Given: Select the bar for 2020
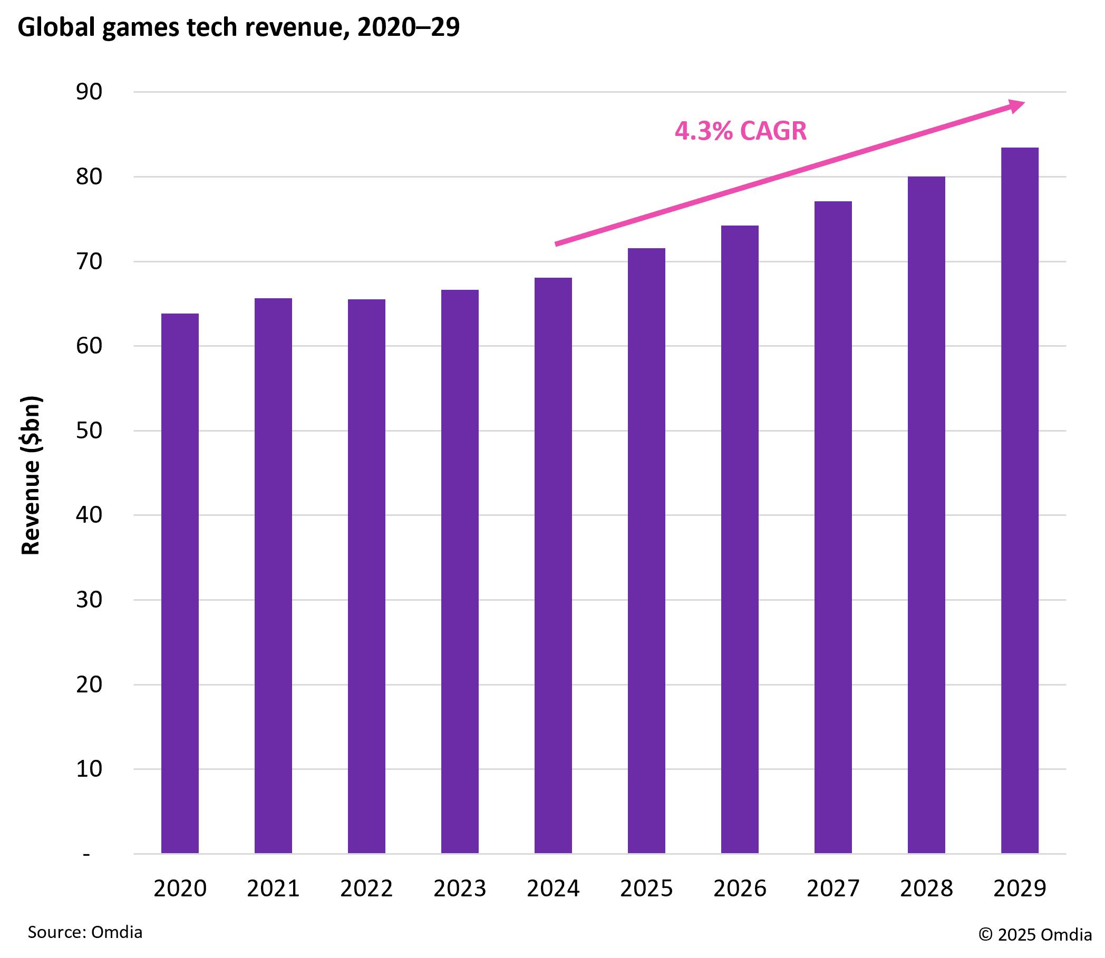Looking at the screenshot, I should point(180,583).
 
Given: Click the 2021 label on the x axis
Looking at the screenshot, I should point(273,888).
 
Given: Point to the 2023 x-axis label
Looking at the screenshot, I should point(459,888).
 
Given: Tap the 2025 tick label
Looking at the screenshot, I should point(646,888).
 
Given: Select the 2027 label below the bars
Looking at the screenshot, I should point(833,888).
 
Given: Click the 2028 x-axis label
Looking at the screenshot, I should point(926,888).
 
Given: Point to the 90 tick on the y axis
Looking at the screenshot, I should point(89,92).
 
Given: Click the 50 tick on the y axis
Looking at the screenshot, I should point(89,431).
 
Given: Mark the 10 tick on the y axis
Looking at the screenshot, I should point(89,769).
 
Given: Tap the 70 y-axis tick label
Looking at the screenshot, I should point(89,261).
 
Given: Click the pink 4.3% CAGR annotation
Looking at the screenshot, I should point(741,131).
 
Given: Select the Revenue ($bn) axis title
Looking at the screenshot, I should point(31,475).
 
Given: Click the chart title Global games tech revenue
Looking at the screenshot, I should point(238,27).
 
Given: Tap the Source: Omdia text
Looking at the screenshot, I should point(85,932).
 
